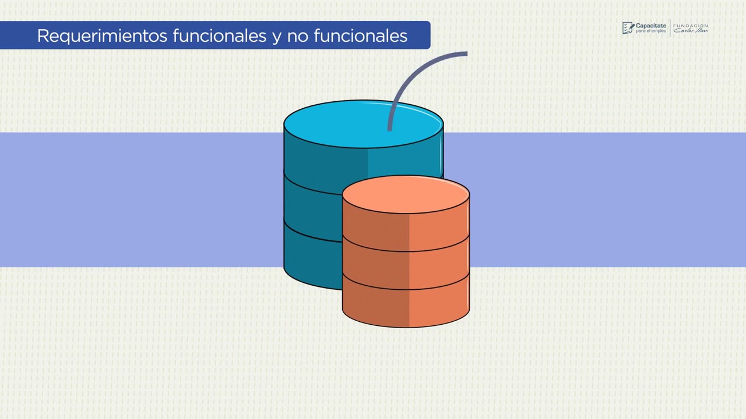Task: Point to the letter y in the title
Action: coord(276,37)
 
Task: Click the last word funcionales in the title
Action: coord(360,36)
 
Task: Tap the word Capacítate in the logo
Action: coord(650,26)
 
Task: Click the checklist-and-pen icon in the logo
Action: coord(628,28)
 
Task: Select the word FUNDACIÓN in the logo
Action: coord(691,26)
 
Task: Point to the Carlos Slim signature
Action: coord(691,31)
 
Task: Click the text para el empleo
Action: coord(650,31)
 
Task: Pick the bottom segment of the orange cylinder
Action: coord(406,306)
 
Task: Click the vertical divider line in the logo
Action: coord(670,28)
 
